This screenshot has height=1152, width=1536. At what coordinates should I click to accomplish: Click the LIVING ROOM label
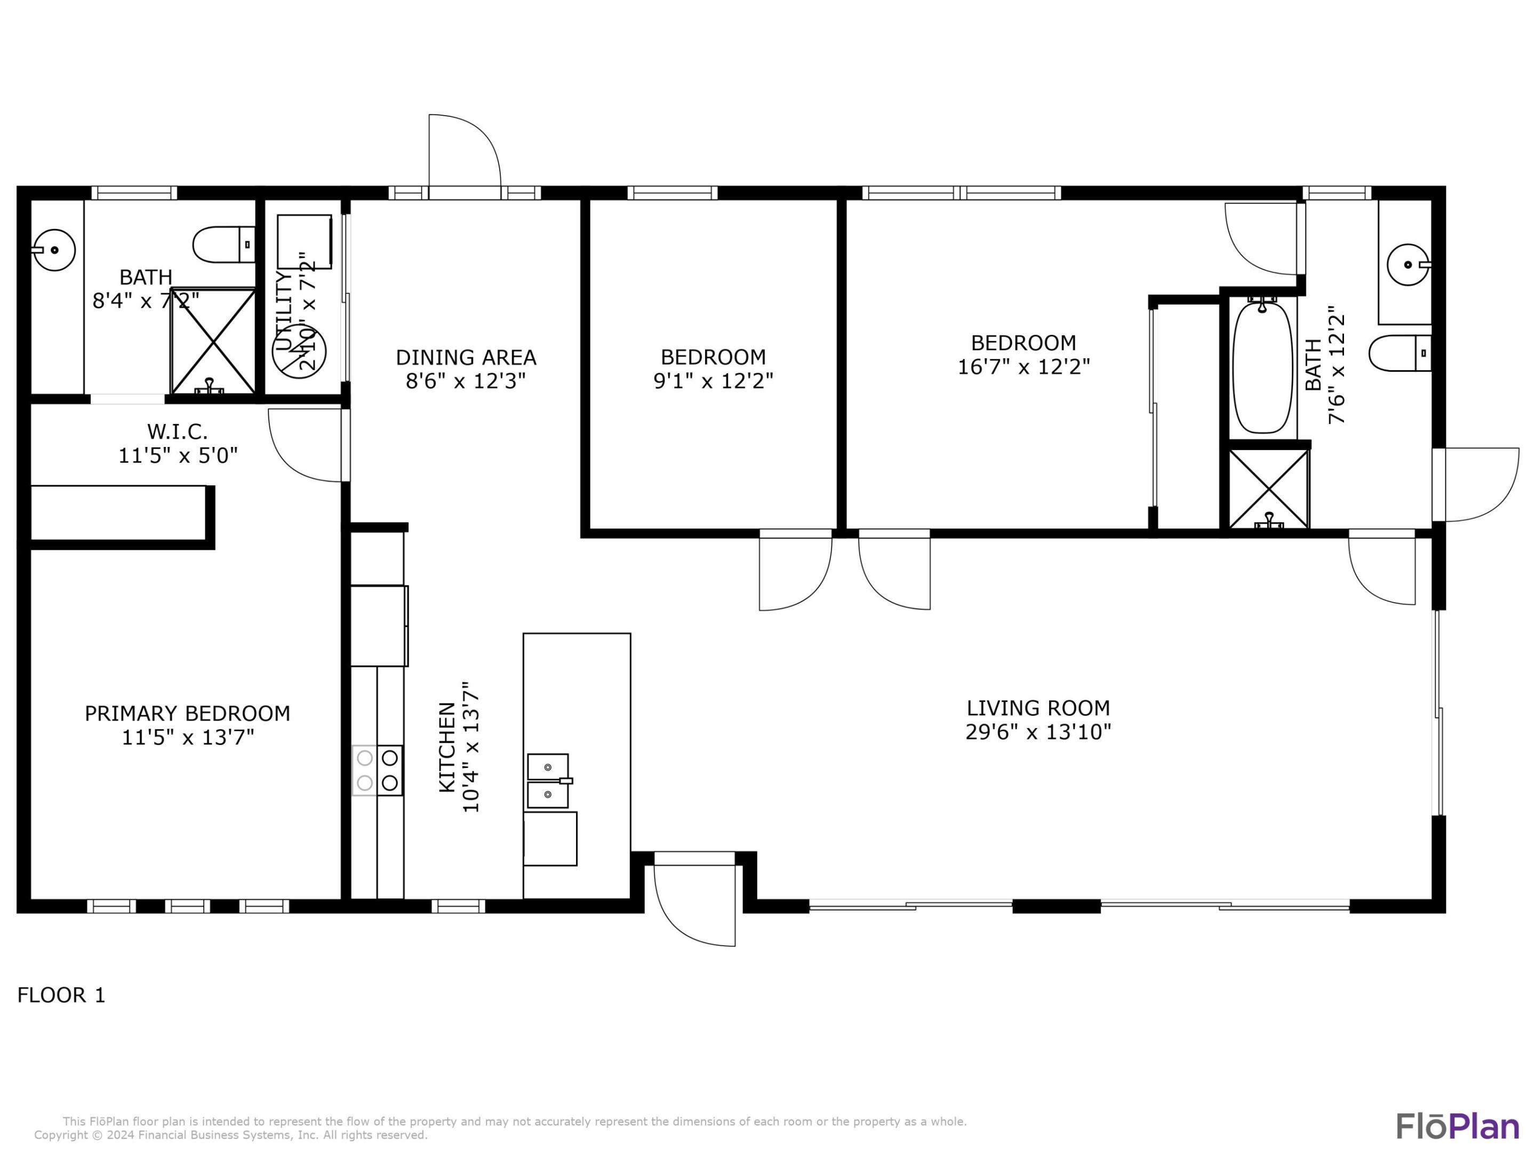coord(1038,708)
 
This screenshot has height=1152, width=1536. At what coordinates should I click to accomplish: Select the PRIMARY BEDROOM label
coord(188,713)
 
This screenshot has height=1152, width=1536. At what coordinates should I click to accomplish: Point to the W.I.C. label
coord(177,432)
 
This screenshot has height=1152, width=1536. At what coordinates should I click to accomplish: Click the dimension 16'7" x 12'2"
coord(1023,366)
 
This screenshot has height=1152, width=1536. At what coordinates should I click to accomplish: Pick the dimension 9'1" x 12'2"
coord(713,380)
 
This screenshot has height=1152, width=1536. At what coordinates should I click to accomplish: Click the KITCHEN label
coord(448,747)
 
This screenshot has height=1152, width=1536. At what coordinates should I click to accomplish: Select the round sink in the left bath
coord(55,249)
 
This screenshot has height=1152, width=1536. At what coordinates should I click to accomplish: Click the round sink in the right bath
coord(1408,265)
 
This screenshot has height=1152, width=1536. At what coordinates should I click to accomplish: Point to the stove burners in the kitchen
coord(377,770)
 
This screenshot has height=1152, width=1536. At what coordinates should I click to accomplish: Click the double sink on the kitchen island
coord(548,780)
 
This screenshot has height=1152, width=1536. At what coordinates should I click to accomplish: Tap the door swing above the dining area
coord(464,151)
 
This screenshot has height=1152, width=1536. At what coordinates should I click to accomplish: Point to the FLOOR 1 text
coord(61,995)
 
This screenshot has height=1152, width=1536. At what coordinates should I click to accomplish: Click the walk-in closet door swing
coord(306,444)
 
